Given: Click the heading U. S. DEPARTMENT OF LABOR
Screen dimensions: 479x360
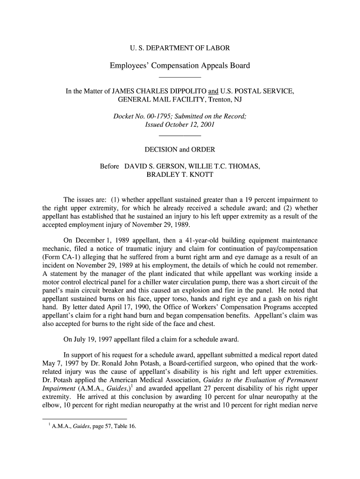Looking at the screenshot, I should pyautogui.click(x=180, y=48).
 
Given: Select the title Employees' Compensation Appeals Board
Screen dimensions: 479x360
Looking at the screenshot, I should pyautogui.click(x=180, y=65).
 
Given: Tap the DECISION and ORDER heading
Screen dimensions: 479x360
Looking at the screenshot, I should pyautogui.click(x=180, y=150).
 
